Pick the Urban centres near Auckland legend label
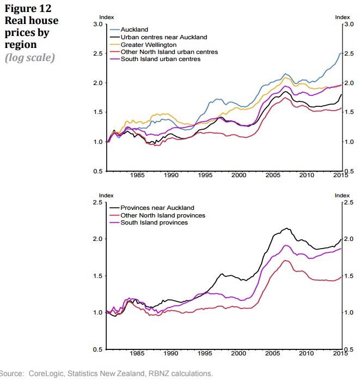tap(163, 37)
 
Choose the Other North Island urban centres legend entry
tap(169, 52)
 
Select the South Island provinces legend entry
tap(154, 222)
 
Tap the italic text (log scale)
tap(30, 57)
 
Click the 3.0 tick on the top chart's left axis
tap(97, 25)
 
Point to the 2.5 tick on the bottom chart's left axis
tap(97, 202)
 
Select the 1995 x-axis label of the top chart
tap(205, 176)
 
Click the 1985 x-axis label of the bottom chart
tap(137, 353)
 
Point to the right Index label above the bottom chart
tap(341, 195)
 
